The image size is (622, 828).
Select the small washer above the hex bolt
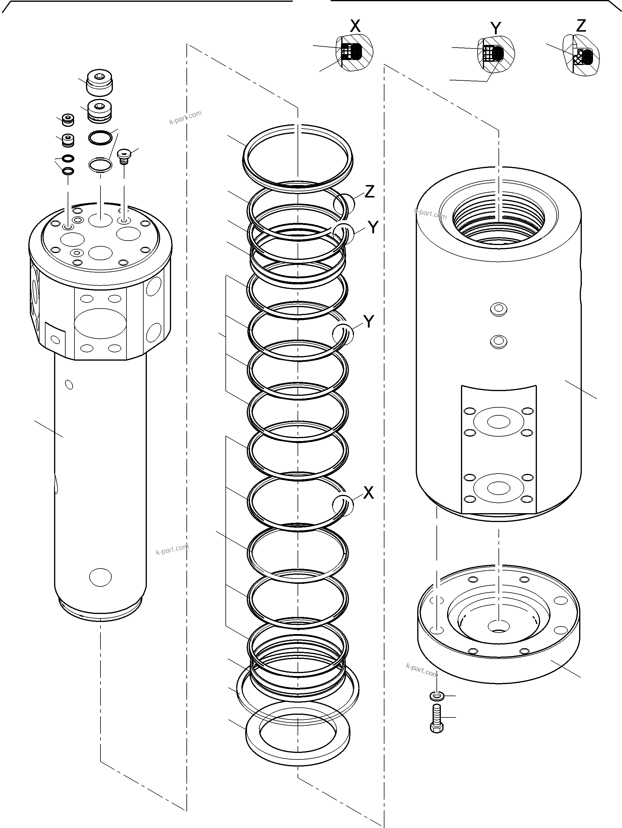pyautogui.click(x=436, y=696)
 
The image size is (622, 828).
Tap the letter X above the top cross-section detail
pyautogui.click(x=355, y=26)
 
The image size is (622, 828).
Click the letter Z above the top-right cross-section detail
pyautogui.click(x=581, y=25)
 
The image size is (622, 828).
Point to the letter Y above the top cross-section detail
pyautogui.click(x=496, y=28)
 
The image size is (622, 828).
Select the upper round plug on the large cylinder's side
pyautogui.click(x=498, y=310)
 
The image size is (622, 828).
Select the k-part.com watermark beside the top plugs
pyautogui.click(x=185, y=117)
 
